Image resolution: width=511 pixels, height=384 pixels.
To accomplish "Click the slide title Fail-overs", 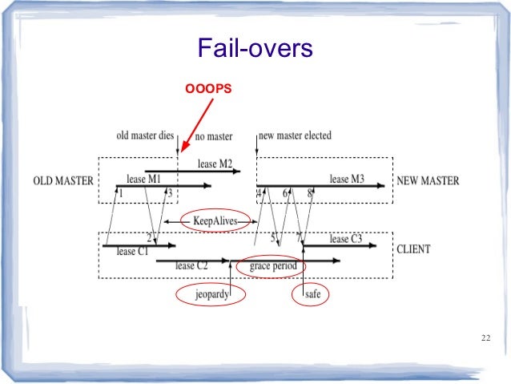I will tap(254, 51).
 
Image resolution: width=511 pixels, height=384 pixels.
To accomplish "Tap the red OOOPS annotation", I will tap(208, 87).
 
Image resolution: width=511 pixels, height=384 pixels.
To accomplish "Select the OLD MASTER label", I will tap(62, 181).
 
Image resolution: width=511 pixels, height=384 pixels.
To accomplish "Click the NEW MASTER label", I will tap(428, 181).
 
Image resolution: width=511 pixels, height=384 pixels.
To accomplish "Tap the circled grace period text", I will tap(273, 265).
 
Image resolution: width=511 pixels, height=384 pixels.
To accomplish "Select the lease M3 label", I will tap(347, 180).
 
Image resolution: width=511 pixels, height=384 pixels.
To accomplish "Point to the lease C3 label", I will tap(346, 238).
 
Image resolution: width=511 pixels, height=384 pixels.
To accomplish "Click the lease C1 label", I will tap(132, 252).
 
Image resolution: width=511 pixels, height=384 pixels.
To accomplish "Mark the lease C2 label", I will tap(191, 265).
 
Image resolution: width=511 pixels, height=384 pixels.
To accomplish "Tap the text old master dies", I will tap(145, 135).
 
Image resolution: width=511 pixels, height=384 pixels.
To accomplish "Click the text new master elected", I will tap(296, 135).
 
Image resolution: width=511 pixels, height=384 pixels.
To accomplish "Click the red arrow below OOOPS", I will tap(197, 123).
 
